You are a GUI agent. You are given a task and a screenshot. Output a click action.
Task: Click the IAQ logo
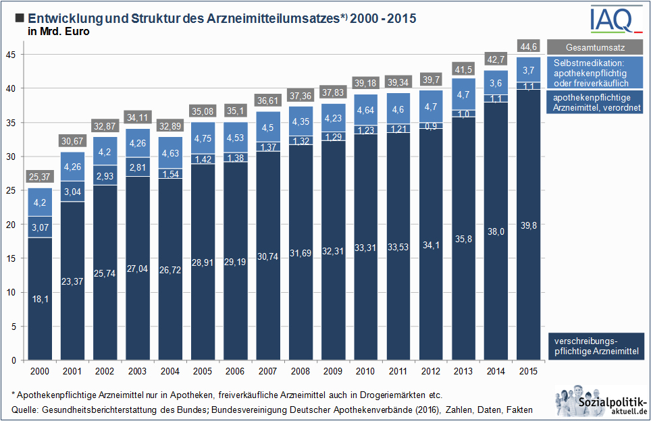pyautogui.click(x=615, y=20)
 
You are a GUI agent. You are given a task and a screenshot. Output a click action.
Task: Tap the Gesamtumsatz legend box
pyautogui.click(x=594, y=48)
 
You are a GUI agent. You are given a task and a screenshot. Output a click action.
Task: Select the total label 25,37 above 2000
pyautogui.click(x=40, y=177)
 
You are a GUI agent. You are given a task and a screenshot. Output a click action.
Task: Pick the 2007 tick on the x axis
pyautogui.click(x=267, y=371)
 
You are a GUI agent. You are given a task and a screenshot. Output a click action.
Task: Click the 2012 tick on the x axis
pyautogui.click(x=430, y=371)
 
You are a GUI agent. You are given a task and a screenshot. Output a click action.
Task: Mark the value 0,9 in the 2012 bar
pyautogui.click(x=430, y=125)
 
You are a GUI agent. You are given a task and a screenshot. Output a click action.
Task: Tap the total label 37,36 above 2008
pyautogui.click(x=300, y=96)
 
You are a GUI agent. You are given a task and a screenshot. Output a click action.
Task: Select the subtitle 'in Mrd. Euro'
pyautogui.click(x=59, y=31)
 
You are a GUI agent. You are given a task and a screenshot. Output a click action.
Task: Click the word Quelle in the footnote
pyautogui.click(x=26, y=410)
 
